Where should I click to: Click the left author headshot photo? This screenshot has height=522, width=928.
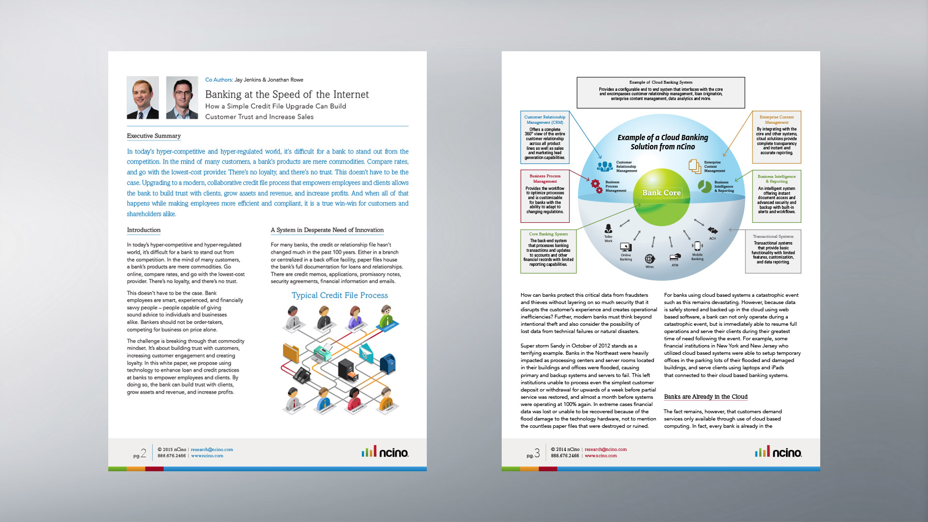[143, 98]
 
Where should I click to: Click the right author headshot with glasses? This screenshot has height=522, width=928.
[182, 98]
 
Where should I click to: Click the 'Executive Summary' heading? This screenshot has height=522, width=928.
[154, 136]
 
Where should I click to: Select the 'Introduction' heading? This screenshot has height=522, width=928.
[144, 230]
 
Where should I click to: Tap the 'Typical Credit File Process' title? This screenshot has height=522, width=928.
[339, 295]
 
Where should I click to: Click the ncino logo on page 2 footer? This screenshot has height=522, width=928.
[385, 452]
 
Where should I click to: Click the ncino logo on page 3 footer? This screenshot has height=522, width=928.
[778, 452]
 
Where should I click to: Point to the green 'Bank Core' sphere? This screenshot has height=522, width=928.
[661, 197]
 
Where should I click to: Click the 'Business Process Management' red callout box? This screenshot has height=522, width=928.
[545, 196]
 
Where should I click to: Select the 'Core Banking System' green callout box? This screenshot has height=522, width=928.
[548, 251]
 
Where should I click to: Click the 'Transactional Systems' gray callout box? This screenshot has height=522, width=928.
[773, 251]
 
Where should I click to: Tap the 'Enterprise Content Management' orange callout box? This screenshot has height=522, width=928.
[776, 137]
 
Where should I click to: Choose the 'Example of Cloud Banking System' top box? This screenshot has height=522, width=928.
[660, 92]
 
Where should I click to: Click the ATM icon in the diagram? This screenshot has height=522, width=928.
[675, 257]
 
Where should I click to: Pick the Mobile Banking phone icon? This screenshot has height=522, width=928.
[697, 246]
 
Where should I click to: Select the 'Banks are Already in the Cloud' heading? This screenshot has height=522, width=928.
[706, 397]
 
